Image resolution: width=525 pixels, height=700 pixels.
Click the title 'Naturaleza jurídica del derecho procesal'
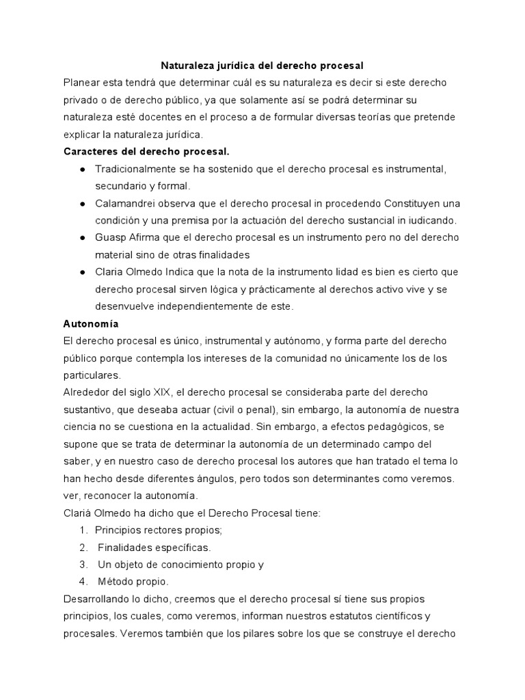tap(262, 66)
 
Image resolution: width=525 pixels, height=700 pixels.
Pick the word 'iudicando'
tap(431, 220)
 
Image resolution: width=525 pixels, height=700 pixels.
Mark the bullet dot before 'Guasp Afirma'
tap(82, 237)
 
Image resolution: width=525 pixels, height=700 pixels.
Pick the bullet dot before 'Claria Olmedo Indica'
tap(82, 271)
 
